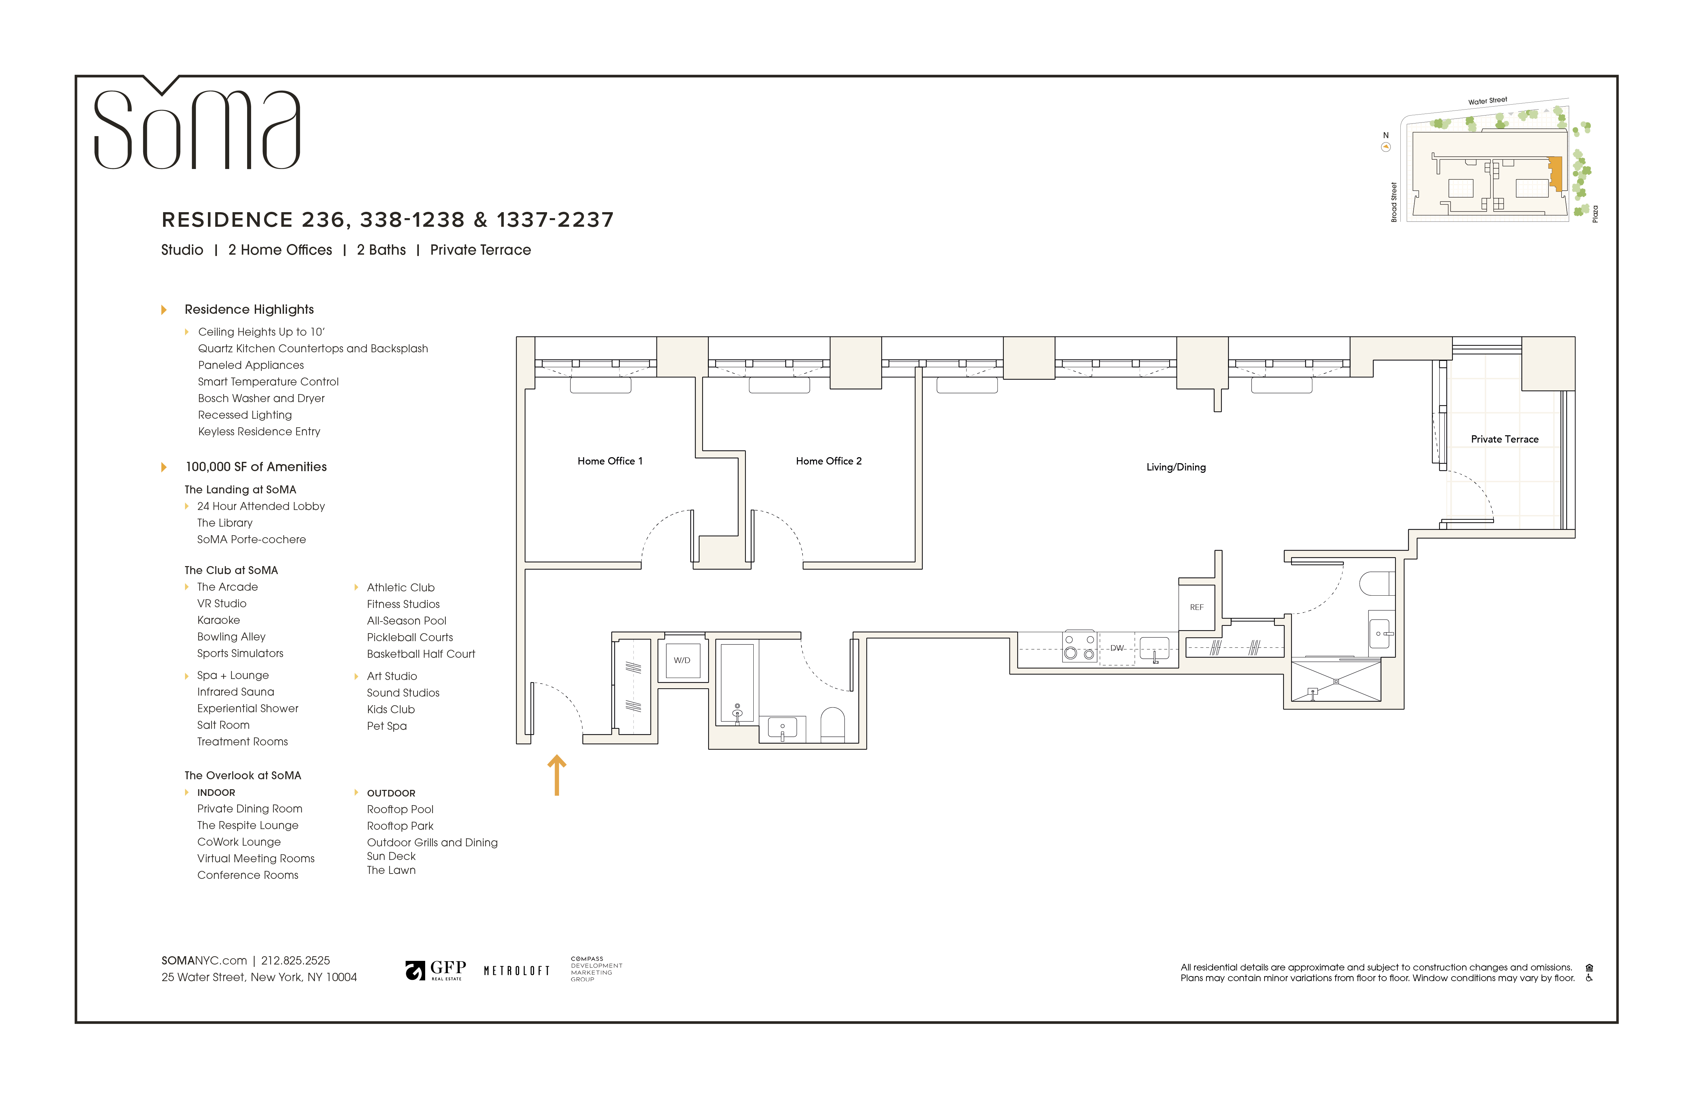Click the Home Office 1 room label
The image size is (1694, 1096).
[609, 461]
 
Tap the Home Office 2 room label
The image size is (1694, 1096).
[828, 461]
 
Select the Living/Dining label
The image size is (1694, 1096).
[1176, 467]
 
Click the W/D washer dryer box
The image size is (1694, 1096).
[682, 660]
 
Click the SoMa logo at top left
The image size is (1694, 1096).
[197, 128]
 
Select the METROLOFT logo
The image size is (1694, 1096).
[517, 971]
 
